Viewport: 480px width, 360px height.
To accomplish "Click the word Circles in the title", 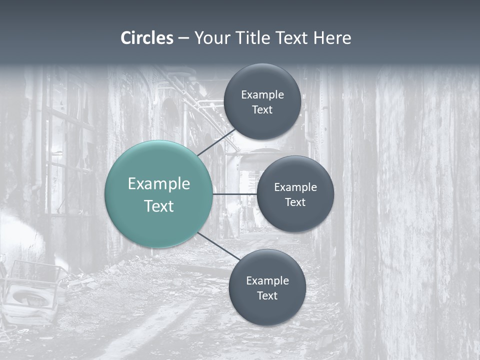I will pyautogui.click(x=147, y=38).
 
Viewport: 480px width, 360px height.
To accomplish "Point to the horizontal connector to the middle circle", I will pyautogui.click(x=234, y=194).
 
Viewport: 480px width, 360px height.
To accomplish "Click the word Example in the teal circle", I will pyautogui.click(x=159, y=184).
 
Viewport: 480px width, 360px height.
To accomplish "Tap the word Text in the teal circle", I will pyautogui.click(x=159, y=206).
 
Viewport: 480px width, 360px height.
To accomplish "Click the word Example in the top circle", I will pyautogui.click(x=262, y=95).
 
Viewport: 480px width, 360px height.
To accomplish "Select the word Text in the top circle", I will pyautogui.click(x=262, y=110).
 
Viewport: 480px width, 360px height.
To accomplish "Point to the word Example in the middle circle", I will pyautogui.click(x=295, y=187).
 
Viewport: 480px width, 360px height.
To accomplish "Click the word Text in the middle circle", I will pyautogui.click(x=295, y=202).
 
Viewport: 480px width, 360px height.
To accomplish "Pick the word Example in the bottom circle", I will pyautogui.click(x=267, y=281).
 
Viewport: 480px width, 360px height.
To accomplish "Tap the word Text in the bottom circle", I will pyautogui.click(x=267, y=296).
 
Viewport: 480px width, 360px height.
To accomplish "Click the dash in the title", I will pyautogui.click(x=183, y=38).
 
